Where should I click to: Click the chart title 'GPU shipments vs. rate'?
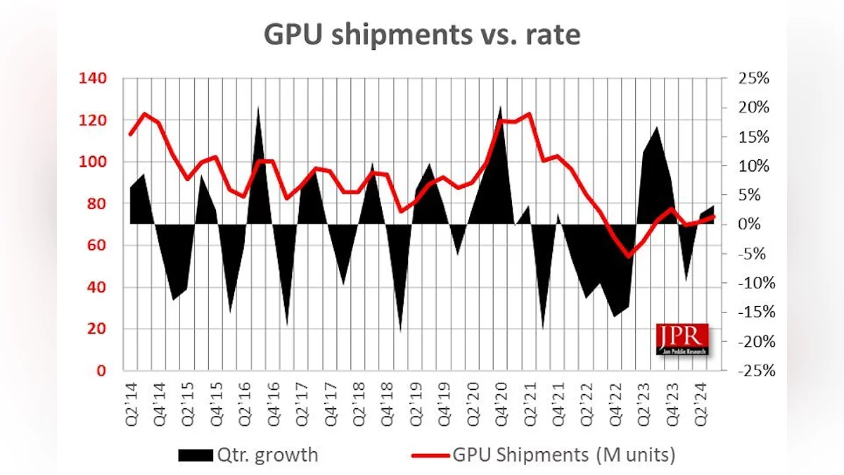click(x=422, y=34)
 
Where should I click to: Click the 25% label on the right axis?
click(x=752, y=78)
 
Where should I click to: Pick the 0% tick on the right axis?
click(x=748, y=224)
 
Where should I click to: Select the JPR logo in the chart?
click(x=682, y=338)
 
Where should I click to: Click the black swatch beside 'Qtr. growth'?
click(x=194, y=455)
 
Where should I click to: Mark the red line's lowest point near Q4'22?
click(x=629, y=257)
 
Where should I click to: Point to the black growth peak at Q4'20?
click(x=500, y=107)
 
